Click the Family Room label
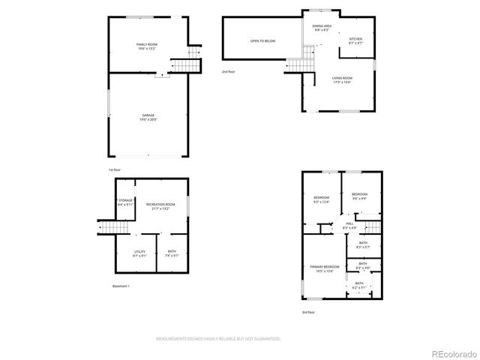pos(147,47)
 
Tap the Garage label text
pos(147,117)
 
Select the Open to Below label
pos(262,40)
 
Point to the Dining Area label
pos(322,28)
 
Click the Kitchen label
pos(355,41)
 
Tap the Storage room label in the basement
pos(125,202)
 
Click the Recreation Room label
pos(160,207)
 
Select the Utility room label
pos(139,253)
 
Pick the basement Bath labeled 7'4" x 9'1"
pos(172,253)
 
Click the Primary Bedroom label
pos(325,269)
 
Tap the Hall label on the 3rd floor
pos(349,226)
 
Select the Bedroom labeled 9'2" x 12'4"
pos(321,199)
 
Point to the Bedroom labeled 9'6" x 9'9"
pos(359,196)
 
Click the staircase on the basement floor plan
pos(111,228)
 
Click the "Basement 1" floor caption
pos(120,286)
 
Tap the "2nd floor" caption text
pos(228,72)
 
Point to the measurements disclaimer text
pos(217,339)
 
